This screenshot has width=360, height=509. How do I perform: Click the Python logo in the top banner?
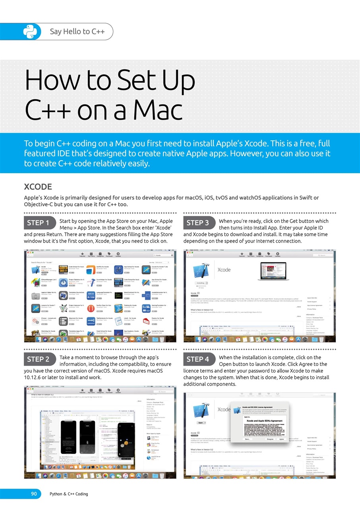tap(29, 32)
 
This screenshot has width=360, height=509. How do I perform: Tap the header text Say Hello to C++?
tap(77, 32)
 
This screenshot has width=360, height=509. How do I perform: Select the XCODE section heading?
tap(38, 187)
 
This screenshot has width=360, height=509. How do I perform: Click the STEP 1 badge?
tap(38, 223)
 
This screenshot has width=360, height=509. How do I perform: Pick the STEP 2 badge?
tap(38, 359)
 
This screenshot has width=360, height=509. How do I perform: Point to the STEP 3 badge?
tap(197, 223)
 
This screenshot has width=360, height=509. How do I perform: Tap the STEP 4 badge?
tap(197, 359)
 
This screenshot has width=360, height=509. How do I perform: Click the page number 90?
tap(34, 494)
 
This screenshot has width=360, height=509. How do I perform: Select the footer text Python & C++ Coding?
tap(68, 494)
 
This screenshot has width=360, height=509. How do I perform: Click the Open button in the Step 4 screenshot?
tap(201, 423)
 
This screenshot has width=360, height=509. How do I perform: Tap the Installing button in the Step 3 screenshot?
tap(201, 283)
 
